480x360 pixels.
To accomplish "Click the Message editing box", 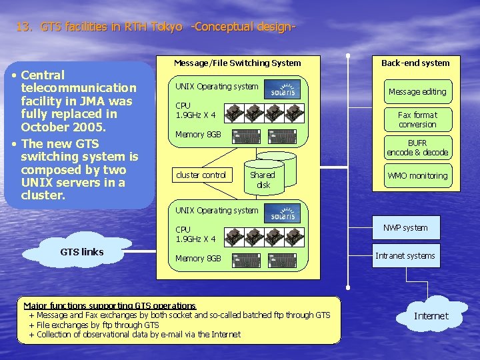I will pos(417,92).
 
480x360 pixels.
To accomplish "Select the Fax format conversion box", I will pos(417,120).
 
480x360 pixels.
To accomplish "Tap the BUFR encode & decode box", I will pos(417,148).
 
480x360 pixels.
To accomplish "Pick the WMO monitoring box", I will pos(417,176).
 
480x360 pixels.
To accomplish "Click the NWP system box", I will pos(405,228).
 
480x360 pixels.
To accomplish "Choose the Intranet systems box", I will pos(405,256).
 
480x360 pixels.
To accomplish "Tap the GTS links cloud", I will pos(81,252).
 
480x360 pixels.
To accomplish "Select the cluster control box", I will pos(201,175).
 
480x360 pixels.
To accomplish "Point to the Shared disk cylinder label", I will pos(263,180).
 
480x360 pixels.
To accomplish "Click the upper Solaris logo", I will pos(283,90).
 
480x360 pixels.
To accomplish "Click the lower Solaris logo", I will pos(283,213).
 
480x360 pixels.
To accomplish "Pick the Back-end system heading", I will pos(415,63).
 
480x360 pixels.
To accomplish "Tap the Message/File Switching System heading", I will pos(237,63).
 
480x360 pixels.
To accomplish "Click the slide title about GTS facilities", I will pos(155,27).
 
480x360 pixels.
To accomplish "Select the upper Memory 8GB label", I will pos(198,135).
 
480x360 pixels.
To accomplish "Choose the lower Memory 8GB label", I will pos(198,259).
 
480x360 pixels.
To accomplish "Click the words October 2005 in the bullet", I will pos(60,127).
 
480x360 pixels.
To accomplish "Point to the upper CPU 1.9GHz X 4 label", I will pos(195,111).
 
